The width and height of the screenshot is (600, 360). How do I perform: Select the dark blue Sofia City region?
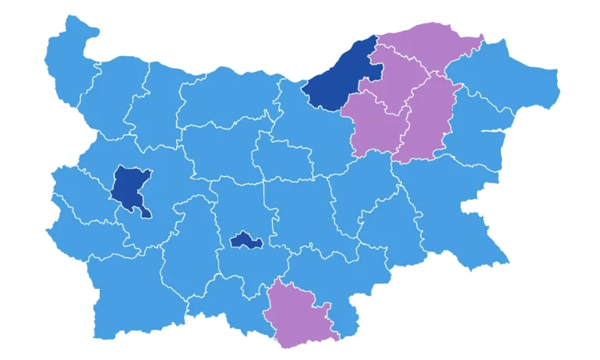129,187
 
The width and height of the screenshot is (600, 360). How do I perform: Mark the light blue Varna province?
479,129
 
